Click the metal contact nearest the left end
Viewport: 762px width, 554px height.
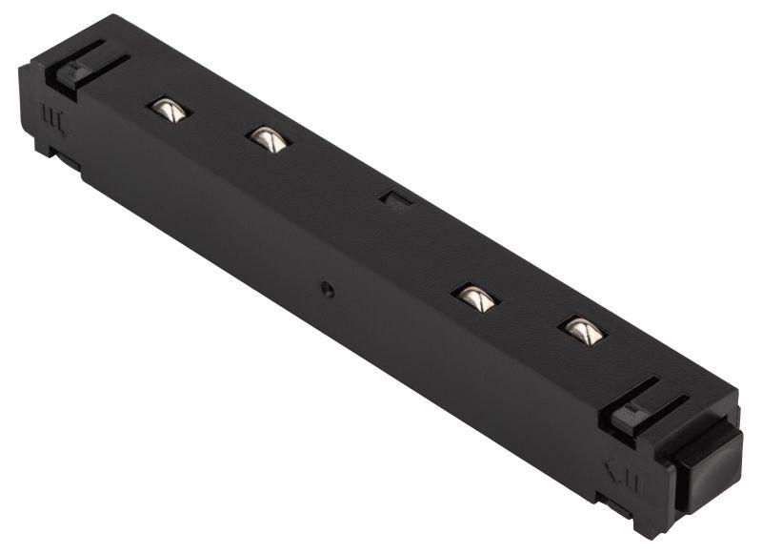(x=169, y=108)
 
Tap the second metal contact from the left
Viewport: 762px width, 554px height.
(x=268, y=138)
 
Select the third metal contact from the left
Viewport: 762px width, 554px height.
(x=476, y=298)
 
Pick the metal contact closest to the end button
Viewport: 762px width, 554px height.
(x=583, y=330)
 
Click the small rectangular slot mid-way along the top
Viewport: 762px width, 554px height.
(x=391, y=197)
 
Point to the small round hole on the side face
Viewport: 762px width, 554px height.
(x=327, y=289)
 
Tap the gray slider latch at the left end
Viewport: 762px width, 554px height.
(x=72, y=74)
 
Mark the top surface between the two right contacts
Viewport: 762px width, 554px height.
(x=530, y=314)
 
